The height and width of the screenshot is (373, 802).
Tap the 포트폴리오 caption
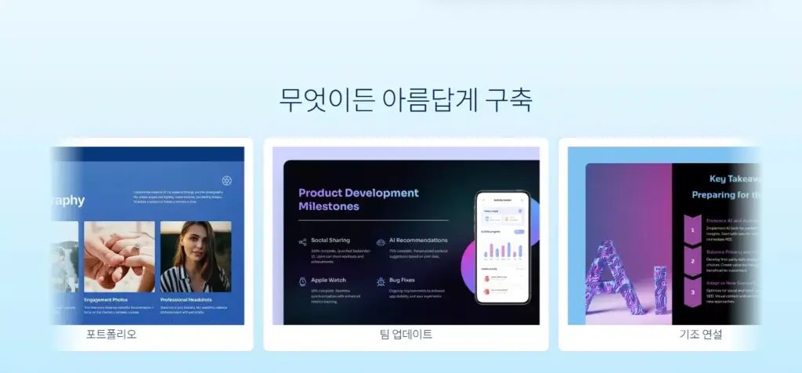(x=111, y=335)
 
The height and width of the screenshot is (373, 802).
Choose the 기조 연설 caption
(x=700, y=335)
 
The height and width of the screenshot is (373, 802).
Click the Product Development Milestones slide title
(x=359, y=200)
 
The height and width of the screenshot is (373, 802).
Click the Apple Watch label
(x=328, y=279)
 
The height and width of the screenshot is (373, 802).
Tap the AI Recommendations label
(x=418, y=240)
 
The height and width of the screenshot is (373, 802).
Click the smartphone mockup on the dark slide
(x=503, y=248)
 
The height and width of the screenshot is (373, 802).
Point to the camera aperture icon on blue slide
(x=227, y=180)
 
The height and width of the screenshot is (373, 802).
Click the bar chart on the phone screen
(x=503, y=250)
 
